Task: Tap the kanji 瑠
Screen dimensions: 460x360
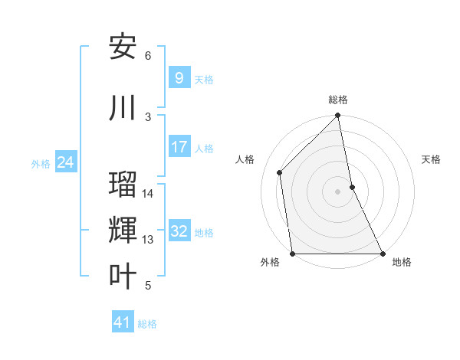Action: [x=123, y=185]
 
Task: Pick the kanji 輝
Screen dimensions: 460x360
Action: [x=123, y=230]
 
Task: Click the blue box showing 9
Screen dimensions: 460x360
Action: [x=179, y=77]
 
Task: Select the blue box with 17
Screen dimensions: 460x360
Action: [x=179, y=146]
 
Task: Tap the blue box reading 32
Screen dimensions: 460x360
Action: [x=179, y=231]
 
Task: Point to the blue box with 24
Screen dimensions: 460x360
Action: [x=66, y=162]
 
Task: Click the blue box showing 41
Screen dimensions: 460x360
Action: [x=123, y=322]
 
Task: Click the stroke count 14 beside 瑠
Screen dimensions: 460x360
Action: [x=148, y=194]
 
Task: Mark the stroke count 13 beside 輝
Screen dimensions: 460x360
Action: [x=148, y=240]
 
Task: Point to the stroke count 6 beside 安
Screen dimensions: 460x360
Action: [x=148, y=56]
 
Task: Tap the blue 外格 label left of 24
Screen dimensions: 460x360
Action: [x=41, y=163]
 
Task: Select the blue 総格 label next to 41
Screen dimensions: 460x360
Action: [x=147, y=324]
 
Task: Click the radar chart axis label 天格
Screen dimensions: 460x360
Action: [x=432, y=159]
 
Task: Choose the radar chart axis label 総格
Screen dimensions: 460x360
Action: [x=338, y=100]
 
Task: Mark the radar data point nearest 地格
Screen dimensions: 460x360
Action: [x=383, y=253]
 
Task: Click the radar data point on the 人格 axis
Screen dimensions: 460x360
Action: [x=280, y=172]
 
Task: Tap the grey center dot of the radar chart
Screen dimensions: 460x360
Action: [x=338, y=191]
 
